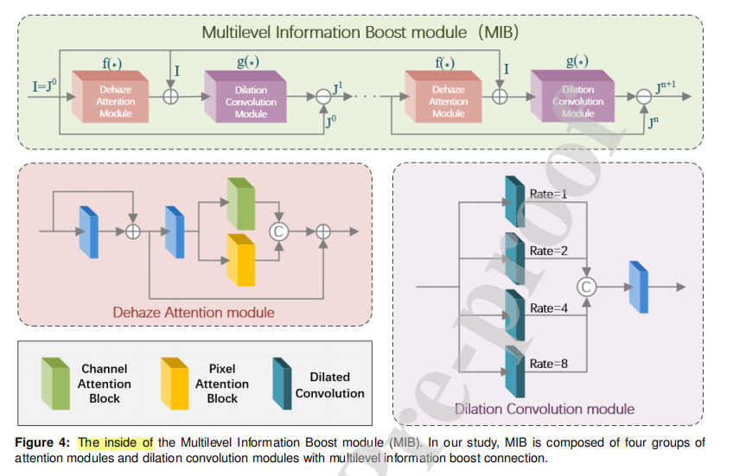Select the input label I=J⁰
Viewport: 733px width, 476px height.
pyautogui.click(x=46, y=86)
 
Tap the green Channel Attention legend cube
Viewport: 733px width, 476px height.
pyautogui.click(x=54, y=383)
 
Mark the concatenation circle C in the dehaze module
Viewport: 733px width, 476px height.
pyautogui.click(x=278, y=231)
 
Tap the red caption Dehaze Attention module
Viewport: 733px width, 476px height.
pyautogui.click(x=194, y=312)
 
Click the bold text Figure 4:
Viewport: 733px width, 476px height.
pyautogui.click(x=45, y=442)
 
